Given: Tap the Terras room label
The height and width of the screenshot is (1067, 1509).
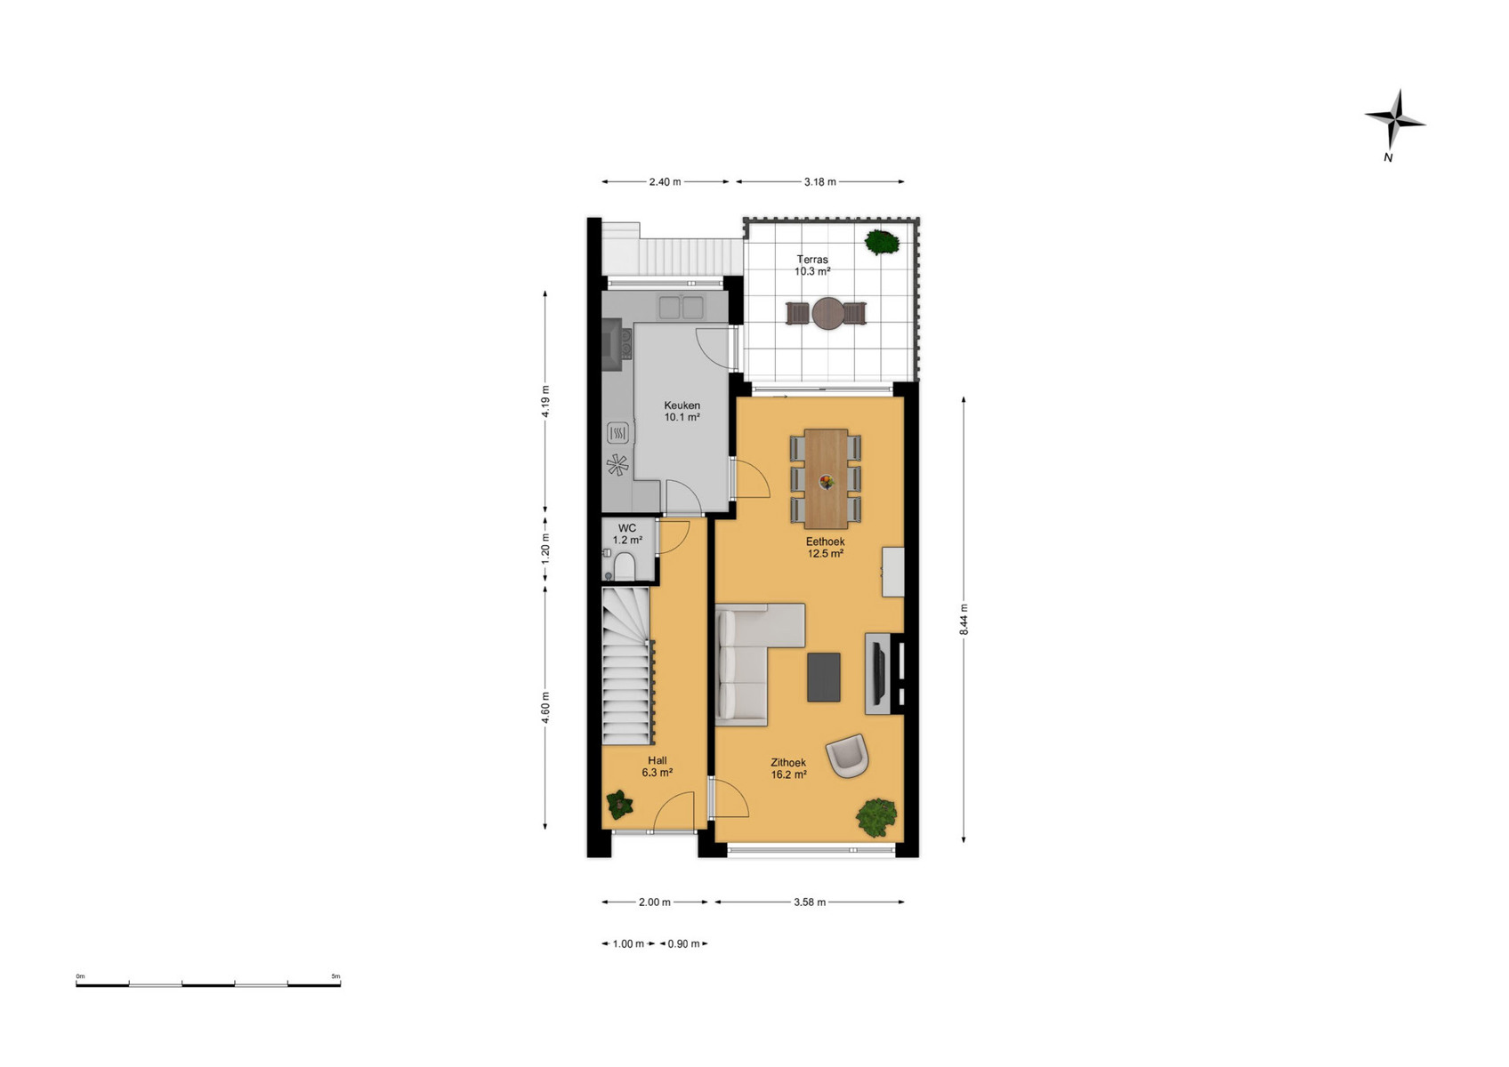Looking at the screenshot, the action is click(812, 259).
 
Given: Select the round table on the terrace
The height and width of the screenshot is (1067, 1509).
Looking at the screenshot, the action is click(828, 314).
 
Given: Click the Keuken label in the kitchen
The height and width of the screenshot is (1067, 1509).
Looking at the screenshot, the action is click(682, 405).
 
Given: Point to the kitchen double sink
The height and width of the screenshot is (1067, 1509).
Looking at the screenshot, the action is click(681, 307).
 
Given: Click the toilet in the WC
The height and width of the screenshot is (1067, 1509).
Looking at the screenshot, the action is click(624, 566).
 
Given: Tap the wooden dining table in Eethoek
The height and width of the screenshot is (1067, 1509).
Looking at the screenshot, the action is click(826, 478).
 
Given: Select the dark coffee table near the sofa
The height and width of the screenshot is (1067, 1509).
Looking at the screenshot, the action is click(823, 678).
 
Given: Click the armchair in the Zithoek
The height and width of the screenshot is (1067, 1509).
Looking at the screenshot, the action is click(847, 755).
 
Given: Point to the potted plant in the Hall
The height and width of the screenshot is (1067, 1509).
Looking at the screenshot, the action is click(620, 805).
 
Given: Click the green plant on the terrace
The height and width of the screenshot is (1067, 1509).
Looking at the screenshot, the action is click(882, 242).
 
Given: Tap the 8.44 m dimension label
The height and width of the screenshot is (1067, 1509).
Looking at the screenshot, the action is click(964, 619).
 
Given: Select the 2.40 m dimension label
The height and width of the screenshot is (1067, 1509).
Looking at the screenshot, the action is click(665, 181).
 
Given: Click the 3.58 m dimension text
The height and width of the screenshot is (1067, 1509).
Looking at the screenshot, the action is click(810, 903).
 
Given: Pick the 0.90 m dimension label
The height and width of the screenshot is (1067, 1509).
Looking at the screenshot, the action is click(683, 943).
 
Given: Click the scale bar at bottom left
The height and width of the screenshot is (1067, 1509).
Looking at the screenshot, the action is click(208, 985).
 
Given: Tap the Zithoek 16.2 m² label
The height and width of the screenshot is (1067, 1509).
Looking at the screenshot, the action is click(788, 769).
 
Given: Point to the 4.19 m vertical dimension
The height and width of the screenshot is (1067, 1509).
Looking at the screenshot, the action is click(545, 401).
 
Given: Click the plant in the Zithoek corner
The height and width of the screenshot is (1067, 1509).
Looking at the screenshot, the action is click(876, 817).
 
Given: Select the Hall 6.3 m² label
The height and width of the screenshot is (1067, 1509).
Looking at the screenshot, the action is click(657, 766).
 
